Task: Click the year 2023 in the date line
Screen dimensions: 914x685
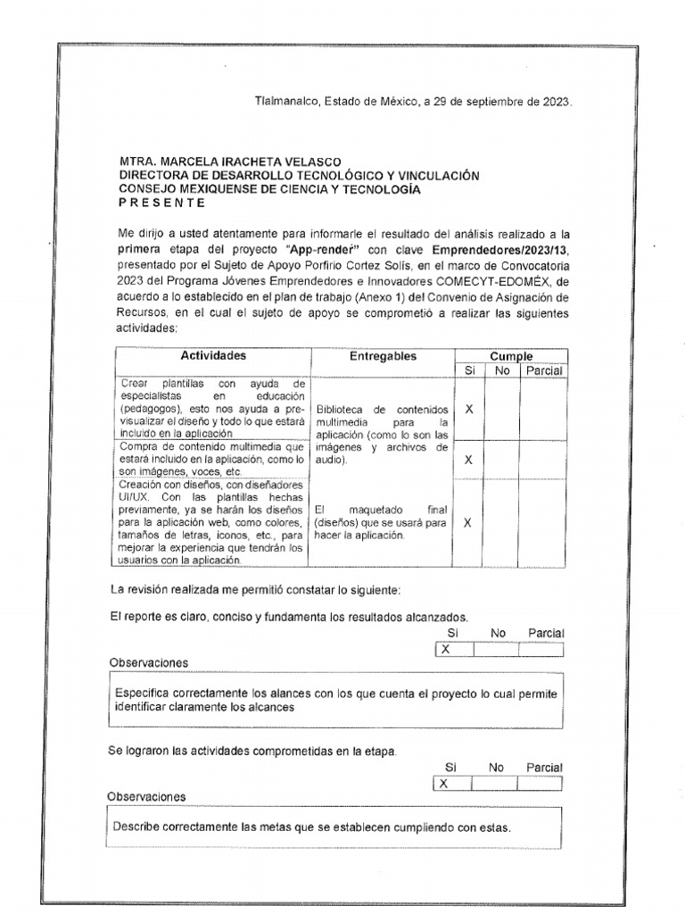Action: [554, 101]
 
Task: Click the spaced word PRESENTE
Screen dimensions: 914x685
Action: [162, 203]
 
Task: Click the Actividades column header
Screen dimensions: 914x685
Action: [212, 356]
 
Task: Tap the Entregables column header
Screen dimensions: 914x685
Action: [383, 356]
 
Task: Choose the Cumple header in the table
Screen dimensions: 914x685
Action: [511, 356]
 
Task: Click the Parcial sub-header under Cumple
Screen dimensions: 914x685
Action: [543, 370]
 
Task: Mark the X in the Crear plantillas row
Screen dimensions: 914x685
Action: [469, 409]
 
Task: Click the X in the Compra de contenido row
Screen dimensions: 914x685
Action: [469, 460]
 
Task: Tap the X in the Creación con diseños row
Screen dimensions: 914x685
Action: [469, 523]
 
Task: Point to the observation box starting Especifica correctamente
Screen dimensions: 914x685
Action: [337, 700]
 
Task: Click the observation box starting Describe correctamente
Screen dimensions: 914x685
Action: [334, 827]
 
